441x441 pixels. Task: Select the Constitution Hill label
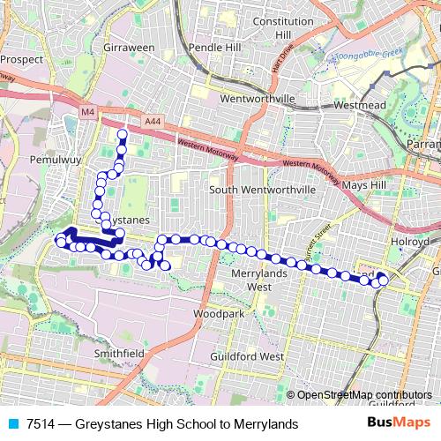[x=283, y=26]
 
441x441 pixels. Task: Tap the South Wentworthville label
[x=262, y=190]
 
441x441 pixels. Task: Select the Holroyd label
[x=408, y=240]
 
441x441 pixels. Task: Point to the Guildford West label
[x=247, y=356]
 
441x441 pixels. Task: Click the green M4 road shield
[x=86, y=113]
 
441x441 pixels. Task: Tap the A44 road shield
[x=153, y=121]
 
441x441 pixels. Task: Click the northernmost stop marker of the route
[x=122, y=134]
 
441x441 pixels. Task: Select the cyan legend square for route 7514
[x=13, y=424]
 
